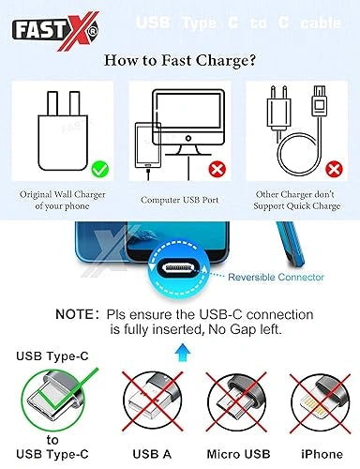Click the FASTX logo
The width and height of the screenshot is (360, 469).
tap(55, 31)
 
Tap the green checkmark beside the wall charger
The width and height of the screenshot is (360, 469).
tap(100, 169)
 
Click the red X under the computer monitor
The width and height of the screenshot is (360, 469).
tap(217, 170)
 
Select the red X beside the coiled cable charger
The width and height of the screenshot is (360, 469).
tap(334, 170)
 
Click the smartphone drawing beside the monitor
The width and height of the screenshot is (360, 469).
tap(148, 145)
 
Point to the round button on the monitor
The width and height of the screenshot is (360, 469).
tap(188, 138)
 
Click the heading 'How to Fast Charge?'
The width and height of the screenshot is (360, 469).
tap(180, 60)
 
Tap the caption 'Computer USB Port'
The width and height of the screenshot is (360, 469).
tap(179, 200)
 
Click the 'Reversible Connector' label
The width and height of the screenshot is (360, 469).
tap(276, 277)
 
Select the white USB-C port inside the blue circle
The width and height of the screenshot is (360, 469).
tap(178, 268)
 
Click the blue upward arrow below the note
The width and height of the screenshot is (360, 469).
tap(183, 353)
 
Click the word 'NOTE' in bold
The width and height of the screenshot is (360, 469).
tap(74, 314)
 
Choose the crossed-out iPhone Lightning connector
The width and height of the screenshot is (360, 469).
tap(321, 401)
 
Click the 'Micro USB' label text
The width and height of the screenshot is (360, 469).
tap(238, 454)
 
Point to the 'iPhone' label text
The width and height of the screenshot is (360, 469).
tap(322, 454)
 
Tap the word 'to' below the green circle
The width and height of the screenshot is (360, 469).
tap(52, 440)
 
